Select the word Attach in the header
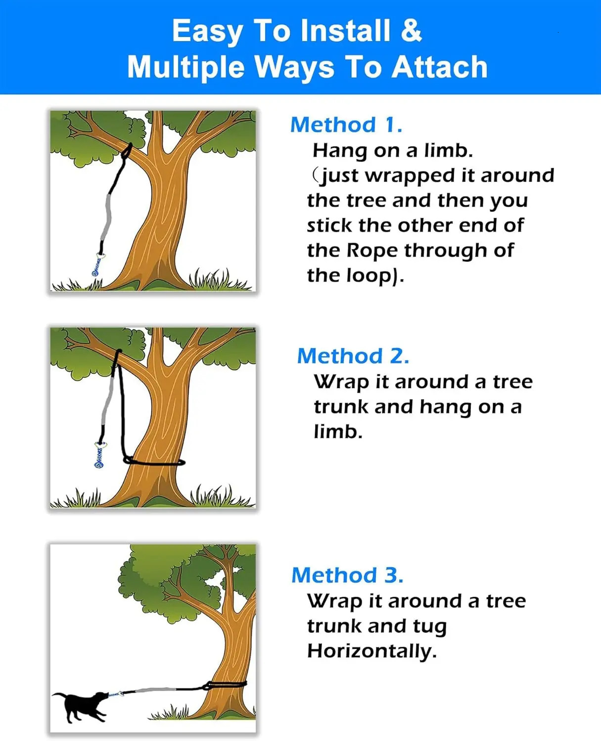[440, 67]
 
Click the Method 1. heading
[346, 124]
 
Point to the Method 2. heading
[353, 356]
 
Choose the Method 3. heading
[347, 575]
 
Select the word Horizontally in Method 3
[371, 651]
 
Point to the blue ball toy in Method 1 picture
[96, 267]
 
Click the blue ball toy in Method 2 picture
[98, 458]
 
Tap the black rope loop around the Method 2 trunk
[154, 462]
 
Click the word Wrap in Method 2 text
[342, 382]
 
